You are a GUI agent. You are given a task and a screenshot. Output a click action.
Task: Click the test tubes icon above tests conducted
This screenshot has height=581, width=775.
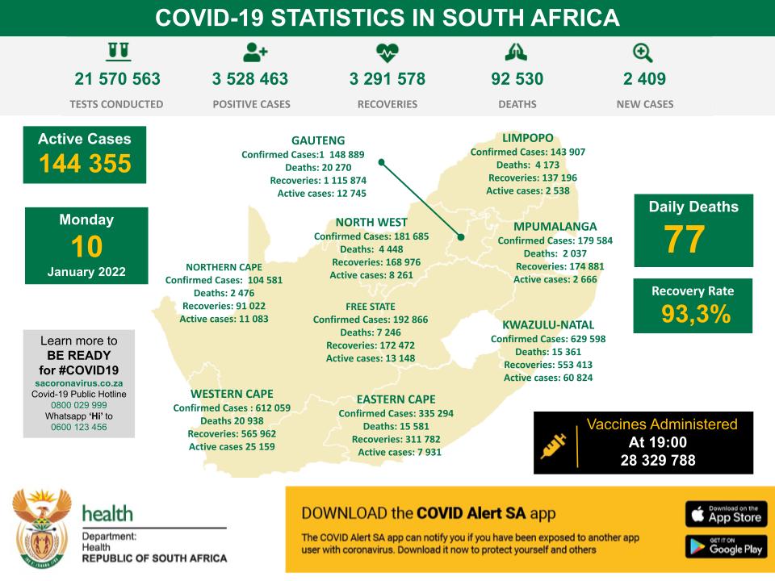tap(118, 52)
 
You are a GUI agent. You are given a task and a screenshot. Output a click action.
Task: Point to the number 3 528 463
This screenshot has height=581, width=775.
tap(250, 79)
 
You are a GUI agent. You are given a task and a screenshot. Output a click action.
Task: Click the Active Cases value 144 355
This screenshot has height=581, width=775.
tap(85, 164)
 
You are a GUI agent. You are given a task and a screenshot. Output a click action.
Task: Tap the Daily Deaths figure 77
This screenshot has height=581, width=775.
tap(685, 239)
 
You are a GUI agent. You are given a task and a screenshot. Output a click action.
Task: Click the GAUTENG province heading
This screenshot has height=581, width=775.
tap(318, 140)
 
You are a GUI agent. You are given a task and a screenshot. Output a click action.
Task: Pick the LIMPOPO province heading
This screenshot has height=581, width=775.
tap(527, 138)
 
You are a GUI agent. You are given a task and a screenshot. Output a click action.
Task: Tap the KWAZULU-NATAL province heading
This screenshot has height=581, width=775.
tap(548, 324)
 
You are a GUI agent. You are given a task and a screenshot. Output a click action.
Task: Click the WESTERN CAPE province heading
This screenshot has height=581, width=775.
tap(232, 394)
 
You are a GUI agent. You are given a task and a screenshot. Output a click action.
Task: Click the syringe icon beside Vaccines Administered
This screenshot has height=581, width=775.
tap(553, 443)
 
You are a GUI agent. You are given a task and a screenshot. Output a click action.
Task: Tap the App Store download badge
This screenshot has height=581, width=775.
tap(725, 513)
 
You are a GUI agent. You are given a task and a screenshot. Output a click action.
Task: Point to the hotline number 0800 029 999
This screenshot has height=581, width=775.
tap(79, 405)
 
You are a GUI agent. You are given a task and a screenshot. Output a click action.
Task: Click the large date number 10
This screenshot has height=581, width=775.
tap(86, 246)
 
